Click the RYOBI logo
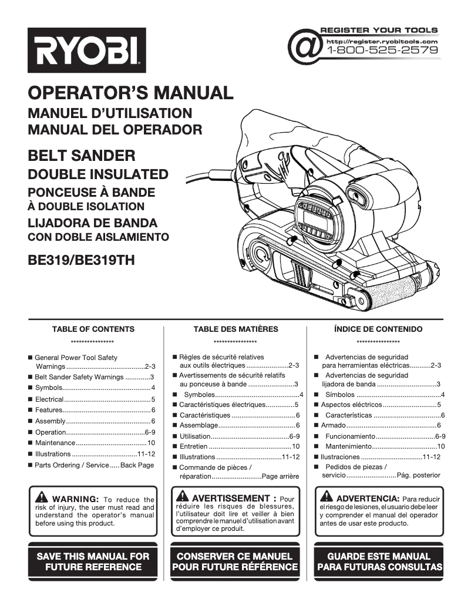click(86, 51)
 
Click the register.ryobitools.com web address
click(382, 41)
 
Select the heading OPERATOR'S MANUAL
click(130, 93)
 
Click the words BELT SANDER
click(82, 156)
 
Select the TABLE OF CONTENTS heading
click(93, 329)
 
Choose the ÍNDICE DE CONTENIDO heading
click(378, 329)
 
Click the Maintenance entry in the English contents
click(55, 443)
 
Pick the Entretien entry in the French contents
click(193, 446)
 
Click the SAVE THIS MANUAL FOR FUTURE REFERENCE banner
click(93, 561)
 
